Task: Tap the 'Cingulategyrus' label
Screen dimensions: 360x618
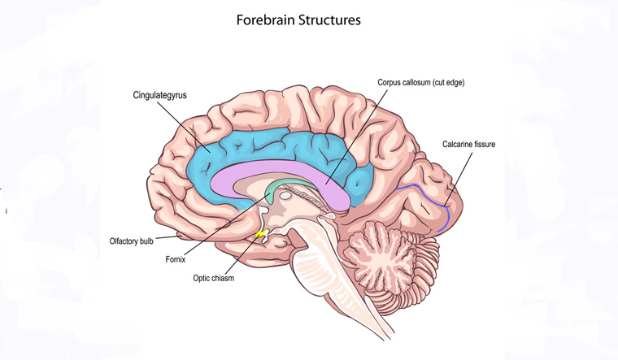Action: tap(160, 95)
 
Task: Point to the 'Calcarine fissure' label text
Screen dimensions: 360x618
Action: tap(468, 144)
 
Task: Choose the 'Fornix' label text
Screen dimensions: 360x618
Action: tap(174, 260)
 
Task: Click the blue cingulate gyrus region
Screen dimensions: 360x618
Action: tap(244, 146)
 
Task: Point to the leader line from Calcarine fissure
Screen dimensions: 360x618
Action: tap(459, 175)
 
